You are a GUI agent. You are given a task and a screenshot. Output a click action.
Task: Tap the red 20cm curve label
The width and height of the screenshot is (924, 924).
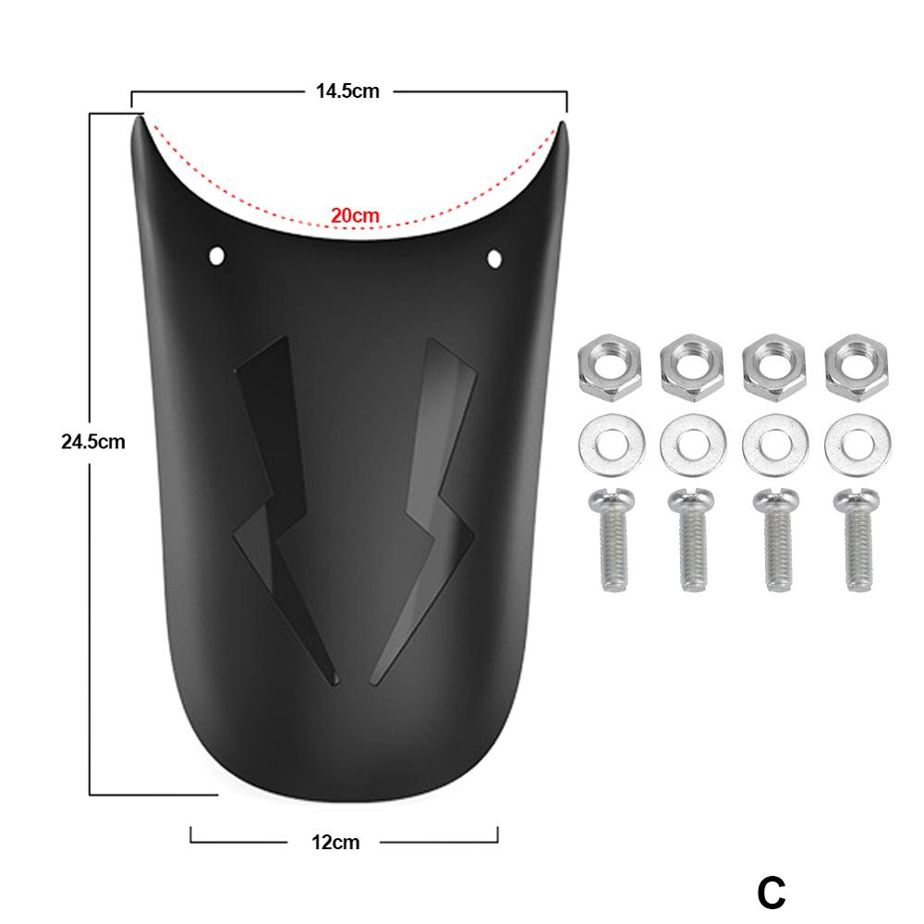(x=356, y=215)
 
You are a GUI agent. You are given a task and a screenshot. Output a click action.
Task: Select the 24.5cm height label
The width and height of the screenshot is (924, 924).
(x=92, y=442)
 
